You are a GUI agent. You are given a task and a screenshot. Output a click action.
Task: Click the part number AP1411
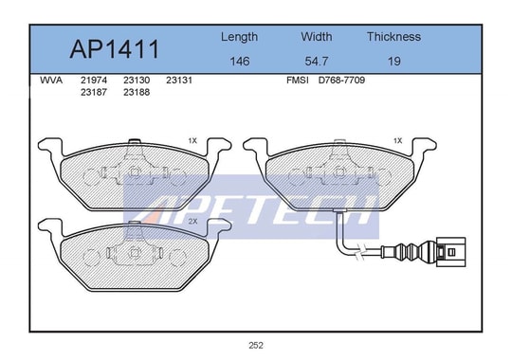[115, 49]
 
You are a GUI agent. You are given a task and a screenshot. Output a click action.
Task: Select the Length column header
[239, 37]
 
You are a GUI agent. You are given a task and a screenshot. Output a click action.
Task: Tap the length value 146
[240, 61]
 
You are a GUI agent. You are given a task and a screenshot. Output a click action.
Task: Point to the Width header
[317, 36]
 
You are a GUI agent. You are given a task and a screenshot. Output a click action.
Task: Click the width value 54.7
[317, 61]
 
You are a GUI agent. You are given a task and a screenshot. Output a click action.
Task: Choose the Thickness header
[393, 36]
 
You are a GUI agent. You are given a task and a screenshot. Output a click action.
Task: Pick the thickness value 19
[394, 61]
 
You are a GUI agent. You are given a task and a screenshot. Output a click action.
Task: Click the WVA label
[51, 81]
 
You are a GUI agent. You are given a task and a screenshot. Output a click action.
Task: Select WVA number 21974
[94, 81]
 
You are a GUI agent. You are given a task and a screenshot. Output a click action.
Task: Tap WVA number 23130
[137, 81]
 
